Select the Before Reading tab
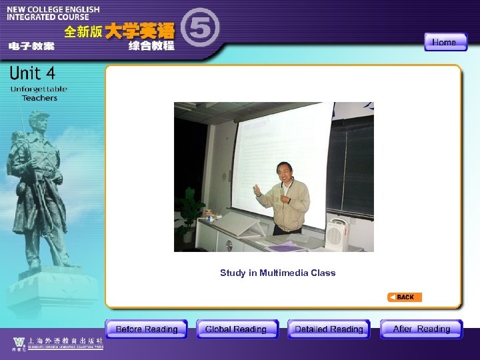(147, 329)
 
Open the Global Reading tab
(236, 329)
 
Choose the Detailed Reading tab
(329, 329)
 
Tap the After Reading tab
(421, 329)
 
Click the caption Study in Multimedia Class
(277, 273)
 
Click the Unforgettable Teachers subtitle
(39, 93)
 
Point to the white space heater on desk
(337, 233)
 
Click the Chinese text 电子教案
(31, 46)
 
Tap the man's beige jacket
(285, 203)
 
